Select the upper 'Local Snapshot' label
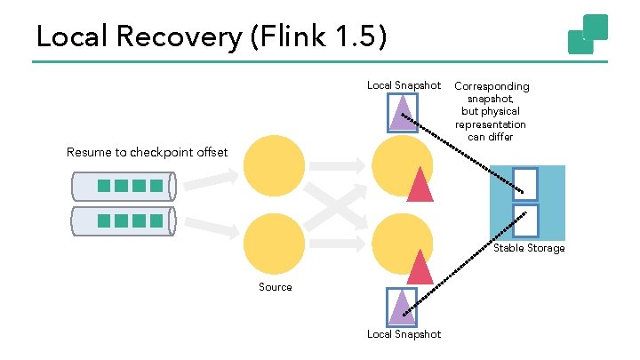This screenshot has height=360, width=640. pyautogui.click(x=404, y=85)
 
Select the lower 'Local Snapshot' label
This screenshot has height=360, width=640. pyautogui.click(x=404, y=334)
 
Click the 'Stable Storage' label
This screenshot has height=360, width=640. pyautogui.click(x=529, y=248)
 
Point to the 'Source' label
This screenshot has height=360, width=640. pyautogui.click(x=275, y=287)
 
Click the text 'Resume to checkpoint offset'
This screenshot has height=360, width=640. pyautogui.click(x=147, y=152)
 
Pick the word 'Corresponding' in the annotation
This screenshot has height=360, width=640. pyautogui.click(x=492, y=86)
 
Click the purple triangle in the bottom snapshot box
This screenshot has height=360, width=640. pyautogui.click(x=403, y=307)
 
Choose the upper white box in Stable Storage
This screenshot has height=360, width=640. pyautogui.click(x=525, y=184)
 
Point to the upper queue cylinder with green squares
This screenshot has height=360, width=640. pyautogui.click(x=124, y=186)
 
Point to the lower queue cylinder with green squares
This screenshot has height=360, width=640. pyautogui.click(x=124, y=220)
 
